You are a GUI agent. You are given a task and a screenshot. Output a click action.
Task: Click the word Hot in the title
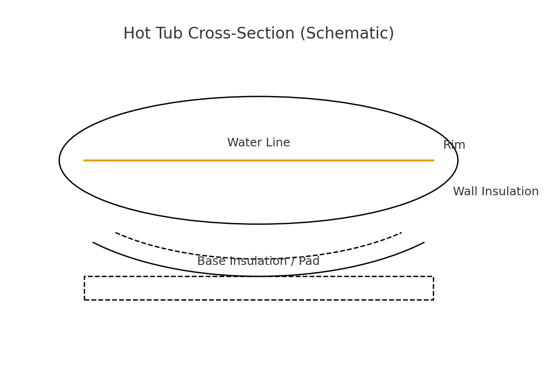[137, 34]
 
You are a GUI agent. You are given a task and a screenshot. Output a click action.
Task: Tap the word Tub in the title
[169, 34]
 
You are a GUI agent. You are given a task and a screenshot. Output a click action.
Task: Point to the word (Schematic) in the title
[347, 34]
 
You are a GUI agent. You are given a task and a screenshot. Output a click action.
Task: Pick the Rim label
[454, 145]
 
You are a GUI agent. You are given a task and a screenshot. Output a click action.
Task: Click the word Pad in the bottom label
[309, 262]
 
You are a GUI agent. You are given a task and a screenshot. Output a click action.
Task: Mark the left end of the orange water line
[84, 160]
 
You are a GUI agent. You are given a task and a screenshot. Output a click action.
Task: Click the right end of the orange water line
[434, 160]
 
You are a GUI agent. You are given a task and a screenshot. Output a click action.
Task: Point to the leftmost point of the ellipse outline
[59, 160]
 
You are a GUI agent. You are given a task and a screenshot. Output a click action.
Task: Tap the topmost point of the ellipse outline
[258, 96]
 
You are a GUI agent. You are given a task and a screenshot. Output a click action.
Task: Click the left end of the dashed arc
[116, 232]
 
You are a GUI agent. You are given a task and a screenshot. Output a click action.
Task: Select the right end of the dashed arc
[401, 232]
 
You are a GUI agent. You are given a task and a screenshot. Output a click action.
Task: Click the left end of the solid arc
[93, 242]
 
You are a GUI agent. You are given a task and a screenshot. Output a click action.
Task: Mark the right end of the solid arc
[424, 242]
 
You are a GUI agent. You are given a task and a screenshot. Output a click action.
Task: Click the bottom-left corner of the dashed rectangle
[85, 300]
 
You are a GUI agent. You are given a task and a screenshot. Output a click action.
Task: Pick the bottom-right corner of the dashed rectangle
[433, 300]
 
